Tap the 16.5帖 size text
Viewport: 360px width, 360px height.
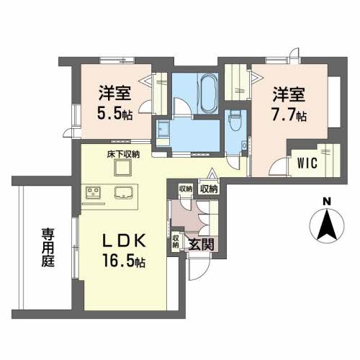click(x=119, y=263)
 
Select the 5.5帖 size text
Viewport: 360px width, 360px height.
click(x=114, y=112)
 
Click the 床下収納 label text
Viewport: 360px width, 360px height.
click(x=123, y=154)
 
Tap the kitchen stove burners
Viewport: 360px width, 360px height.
click(x=94, y=193)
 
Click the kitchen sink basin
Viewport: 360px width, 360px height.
click(x=120, y=194)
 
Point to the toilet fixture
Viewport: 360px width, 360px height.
click(x=235, y=122)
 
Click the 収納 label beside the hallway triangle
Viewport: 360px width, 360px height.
click(x=208, y=189)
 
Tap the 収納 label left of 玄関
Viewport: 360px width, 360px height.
click(x=176, y=242)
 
